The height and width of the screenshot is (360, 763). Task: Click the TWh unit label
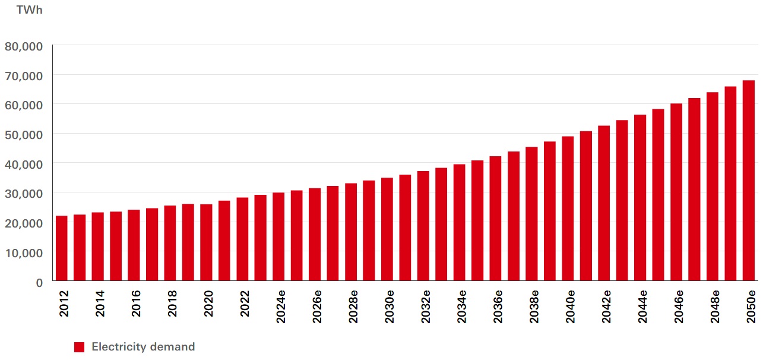click(x=29, y=10)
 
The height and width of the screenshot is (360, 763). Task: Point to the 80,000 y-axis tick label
click(x=24, y=46)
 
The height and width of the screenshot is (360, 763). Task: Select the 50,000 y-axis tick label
click(x=24, y=134)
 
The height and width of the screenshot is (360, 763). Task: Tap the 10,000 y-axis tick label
click(x=24, y=252)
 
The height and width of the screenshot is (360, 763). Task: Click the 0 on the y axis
click(x=39, y=282)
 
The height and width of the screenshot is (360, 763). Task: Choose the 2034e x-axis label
click(x=461, y=307)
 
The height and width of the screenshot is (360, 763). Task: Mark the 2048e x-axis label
click(x=715, y=307)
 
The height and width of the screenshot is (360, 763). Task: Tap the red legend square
click(x=79, y=347)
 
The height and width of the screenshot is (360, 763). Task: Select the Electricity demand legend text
click(x=143, y=347)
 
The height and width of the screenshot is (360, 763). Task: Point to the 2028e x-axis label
click(x=353, y=307)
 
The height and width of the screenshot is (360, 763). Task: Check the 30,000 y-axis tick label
click(x=24, y=194)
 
